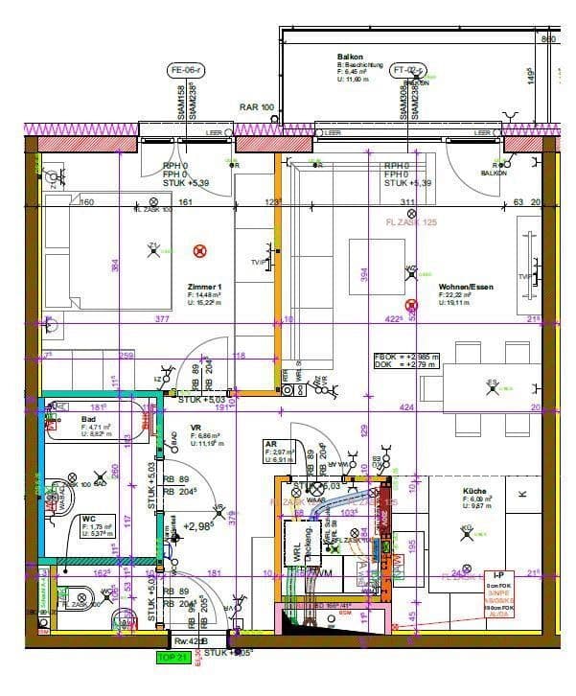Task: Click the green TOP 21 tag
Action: tap(173, 658)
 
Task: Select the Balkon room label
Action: tap(350, 58)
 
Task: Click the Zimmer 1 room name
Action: tap(205, 287)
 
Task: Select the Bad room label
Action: tap(89, 420)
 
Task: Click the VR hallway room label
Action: tap(196, 428)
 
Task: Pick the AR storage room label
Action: tap(271, 445)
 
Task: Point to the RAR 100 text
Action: tap(257, 107)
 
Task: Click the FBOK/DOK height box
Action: tap(406, 360)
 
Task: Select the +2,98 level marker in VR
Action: tap(197, 526)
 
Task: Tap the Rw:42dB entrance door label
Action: tap(191, 641)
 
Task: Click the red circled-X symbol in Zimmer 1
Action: tap(199, 251)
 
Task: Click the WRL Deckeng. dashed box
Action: tap(298, 545)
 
